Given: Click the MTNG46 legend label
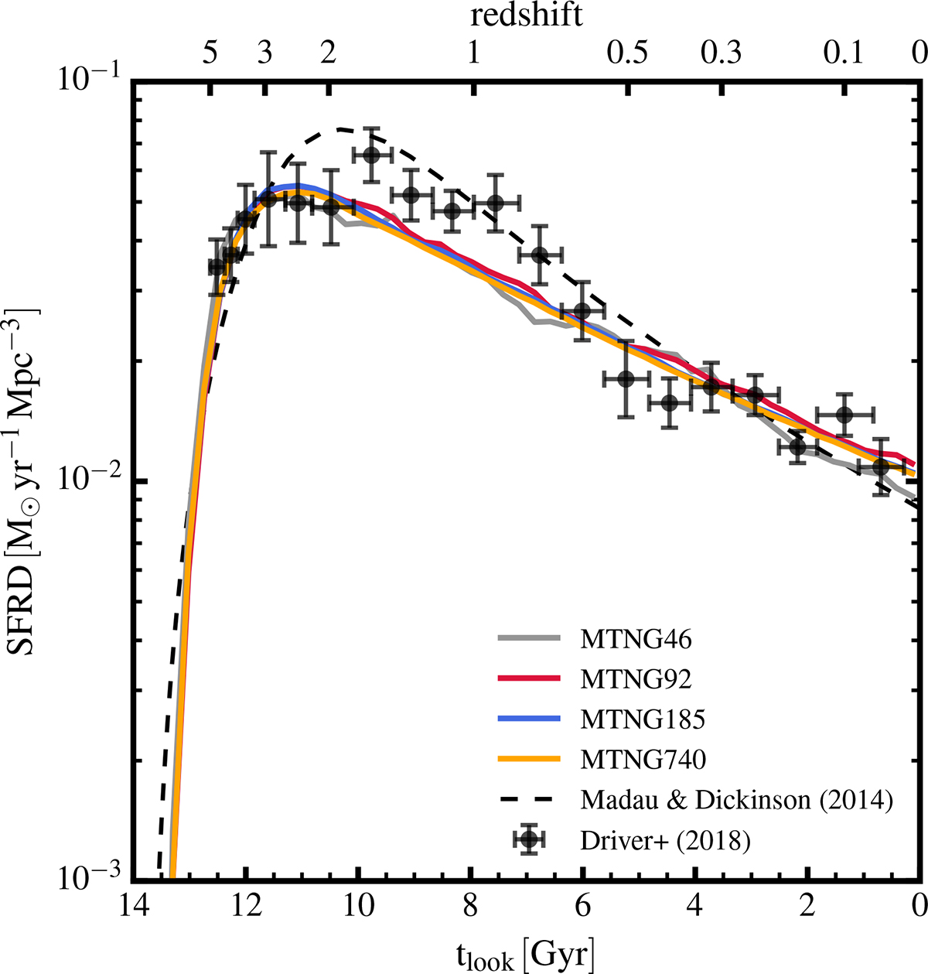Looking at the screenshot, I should coord(636,641).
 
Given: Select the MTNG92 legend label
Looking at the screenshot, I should coord(636,680).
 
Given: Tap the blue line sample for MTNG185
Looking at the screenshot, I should coord(528,719).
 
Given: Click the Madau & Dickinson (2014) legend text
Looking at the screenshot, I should coord(737,800).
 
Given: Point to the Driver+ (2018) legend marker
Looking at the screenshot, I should coord(528,840).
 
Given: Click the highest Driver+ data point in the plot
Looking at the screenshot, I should coord(370,155).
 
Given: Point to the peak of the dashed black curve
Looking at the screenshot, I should coord(340,128).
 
